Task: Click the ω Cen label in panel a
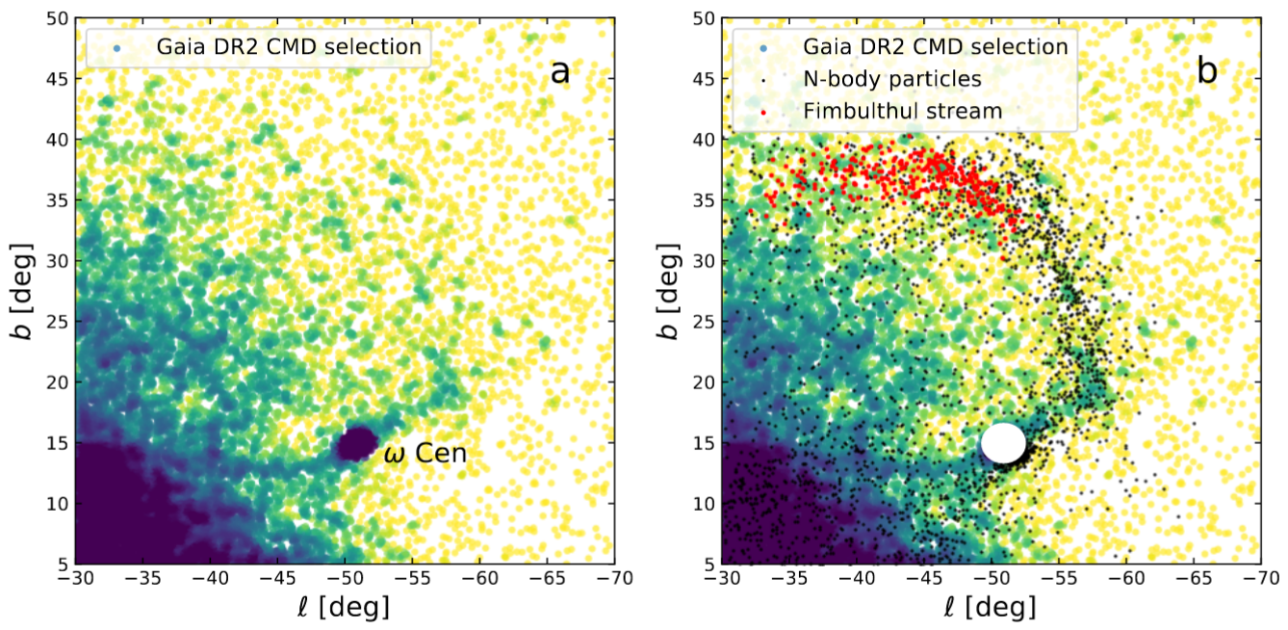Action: coord(425,453)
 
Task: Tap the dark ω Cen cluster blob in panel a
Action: coord(356,443)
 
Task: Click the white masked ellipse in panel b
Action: coord(1003,442)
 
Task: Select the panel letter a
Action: coord(559,70)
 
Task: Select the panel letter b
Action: coord(1207,70)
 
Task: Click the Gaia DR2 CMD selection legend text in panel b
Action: coord(936,46)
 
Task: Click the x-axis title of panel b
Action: coord(992,609)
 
